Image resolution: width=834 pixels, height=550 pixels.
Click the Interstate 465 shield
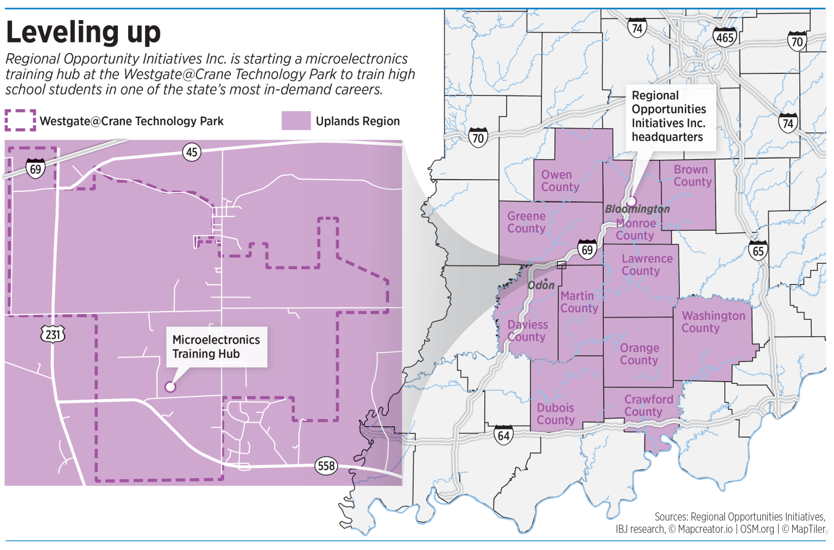point(725,36)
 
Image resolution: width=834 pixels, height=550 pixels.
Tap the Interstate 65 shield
point(758,250)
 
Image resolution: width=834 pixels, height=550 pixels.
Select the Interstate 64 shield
point(503,435)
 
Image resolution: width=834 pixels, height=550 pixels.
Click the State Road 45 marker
point(192,152)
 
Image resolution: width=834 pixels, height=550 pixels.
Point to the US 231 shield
point(53,333)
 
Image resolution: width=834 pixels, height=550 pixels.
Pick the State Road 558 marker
point(326,465)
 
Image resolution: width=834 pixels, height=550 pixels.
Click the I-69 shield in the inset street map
point(35,168)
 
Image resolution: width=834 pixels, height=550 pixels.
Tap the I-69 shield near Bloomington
point(587,249)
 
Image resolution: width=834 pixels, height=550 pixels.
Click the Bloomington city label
point(637,209)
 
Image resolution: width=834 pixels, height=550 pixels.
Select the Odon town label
point(541,285)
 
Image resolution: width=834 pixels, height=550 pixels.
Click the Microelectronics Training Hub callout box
point(216,346)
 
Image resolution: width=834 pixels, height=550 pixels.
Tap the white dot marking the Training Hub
point(170,387)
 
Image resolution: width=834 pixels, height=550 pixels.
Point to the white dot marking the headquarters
point(631,201)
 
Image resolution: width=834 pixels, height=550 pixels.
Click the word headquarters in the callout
point(667,137)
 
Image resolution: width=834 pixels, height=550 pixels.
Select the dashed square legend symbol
point(20,121)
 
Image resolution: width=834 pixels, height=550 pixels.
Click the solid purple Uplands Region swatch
point(296,121)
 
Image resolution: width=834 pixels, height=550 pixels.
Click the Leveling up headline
point(83,32)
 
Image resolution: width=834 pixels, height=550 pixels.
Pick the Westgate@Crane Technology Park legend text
point(132,121)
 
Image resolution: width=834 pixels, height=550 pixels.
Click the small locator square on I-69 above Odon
point(561,265)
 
